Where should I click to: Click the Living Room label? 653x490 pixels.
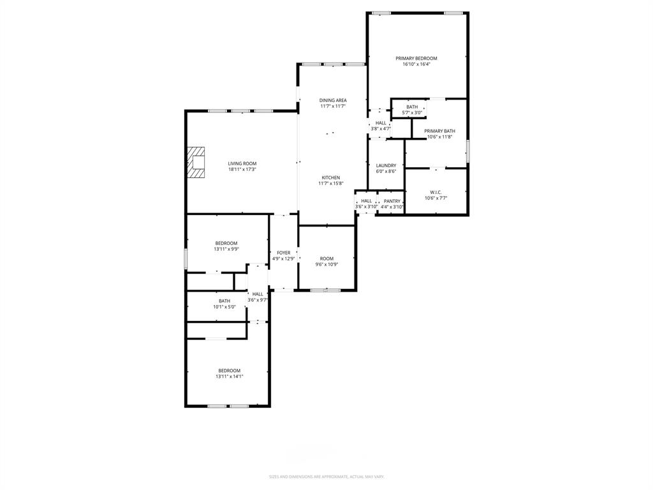point(242,164)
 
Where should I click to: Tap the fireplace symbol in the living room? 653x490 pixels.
point(196,162)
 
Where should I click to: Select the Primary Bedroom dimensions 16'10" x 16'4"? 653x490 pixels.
point(416,64)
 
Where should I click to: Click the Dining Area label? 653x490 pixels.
point(333,100)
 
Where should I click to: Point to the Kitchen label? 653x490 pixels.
point(330,177)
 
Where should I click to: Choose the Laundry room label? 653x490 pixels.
point(386,166)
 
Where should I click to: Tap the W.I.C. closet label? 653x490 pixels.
point(436,192)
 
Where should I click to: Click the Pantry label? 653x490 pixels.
point(392,201)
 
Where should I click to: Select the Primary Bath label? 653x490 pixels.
point(439,131)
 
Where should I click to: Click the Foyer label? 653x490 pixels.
point(283,253)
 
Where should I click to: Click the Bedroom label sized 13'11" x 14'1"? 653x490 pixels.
point(229,371)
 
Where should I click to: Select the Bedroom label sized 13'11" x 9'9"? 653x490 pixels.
point(226,243)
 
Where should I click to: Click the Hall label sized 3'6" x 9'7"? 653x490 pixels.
point(257,294)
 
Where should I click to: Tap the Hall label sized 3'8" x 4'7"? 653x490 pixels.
point(381,122)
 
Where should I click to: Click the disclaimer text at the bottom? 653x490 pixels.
point(326,477)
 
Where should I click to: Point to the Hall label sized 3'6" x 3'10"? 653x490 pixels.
point(366,201)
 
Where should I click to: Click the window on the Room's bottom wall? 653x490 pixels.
point(325,290)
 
